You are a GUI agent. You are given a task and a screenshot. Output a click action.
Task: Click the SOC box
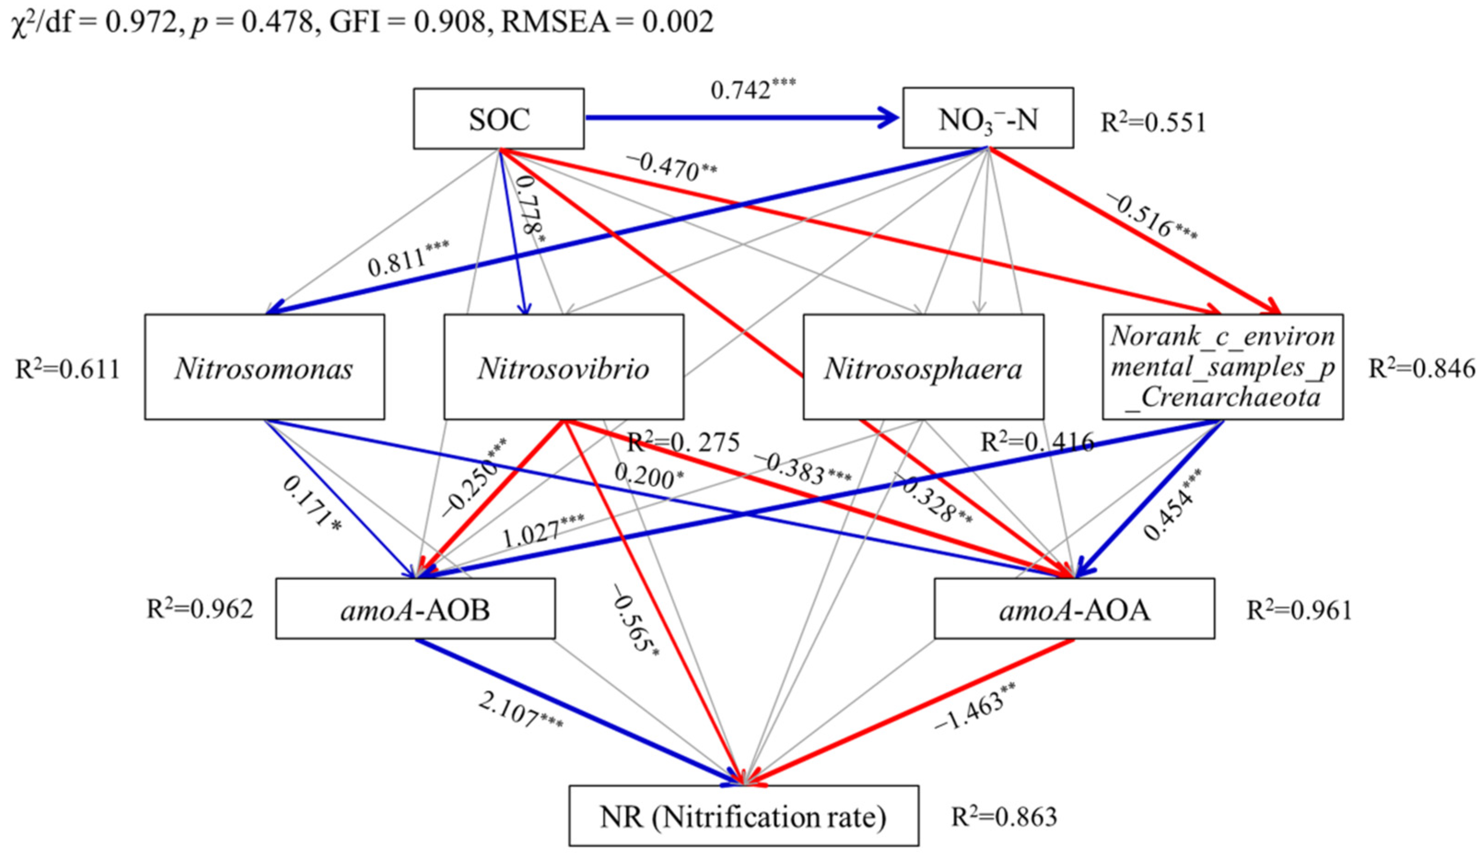click(498, 119)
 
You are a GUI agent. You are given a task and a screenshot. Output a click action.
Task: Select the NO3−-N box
click(988, 118)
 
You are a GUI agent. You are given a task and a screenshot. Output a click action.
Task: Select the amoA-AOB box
click(415, 609)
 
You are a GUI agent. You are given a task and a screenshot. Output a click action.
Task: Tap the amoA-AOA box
click(1074, 609)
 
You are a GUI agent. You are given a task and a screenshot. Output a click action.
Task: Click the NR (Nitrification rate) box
click(743, 816)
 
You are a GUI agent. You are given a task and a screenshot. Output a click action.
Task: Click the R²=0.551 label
click(1153, 122)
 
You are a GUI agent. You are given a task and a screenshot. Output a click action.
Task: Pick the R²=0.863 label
click(1004, 816)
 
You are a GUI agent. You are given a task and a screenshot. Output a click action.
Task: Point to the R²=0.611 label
click(68, 369)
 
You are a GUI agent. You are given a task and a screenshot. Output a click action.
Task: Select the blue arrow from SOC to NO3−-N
click(741, 118)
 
